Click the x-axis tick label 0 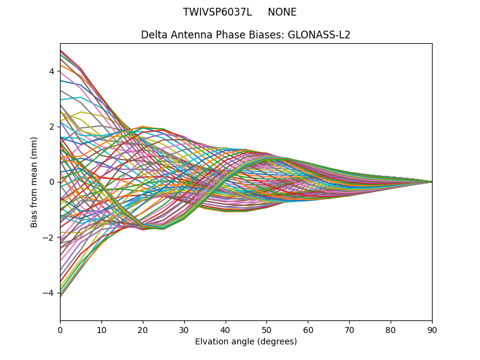(60, 329)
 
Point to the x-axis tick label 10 (101, 329)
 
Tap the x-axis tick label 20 (143, 329)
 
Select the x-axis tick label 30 (184, 329)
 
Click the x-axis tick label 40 (226, 329)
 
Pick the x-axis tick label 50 (266, 329)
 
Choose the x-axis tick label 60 (308, 329)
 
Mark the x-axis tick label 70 (349, 329)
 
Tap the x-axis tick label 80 (391, 329)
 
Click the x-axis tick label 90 (432, 329)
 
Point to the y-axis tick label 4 (52, 71)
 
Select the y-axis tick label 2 (52, 127)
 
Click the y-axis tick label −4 (49, 293)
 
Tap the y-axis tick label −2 (49, 238)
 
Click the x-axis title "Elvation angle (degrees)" (246, 341)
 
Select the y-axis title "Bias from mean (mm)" (34, 182)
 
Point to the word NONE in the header (282, 12)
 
